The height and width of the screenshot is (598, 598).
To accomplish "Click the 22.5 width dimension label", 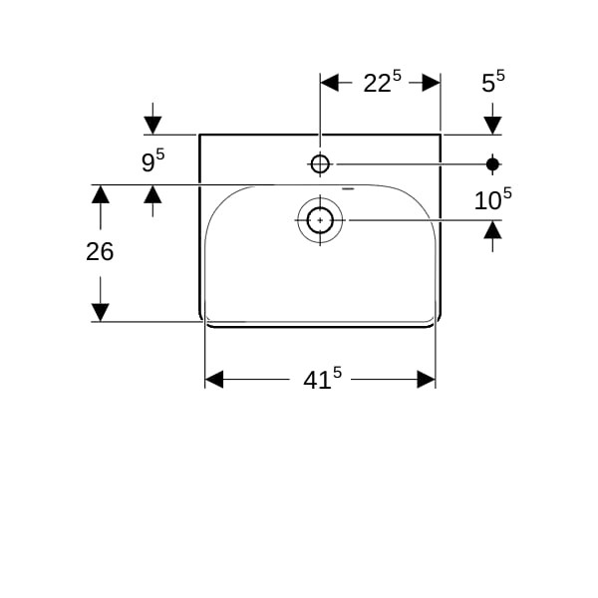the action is click(382, 82).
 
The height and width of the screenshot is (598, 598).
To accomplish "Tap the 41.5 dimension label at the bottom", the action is click(322, 379).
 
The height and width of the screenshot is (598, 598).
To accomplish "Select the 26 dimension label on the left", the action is click(100, 252).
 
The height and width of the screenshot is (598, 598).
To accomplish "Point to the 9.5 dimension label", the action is click(152, 160).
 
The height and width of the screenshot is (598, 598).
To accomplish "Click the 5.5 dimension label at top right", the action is click(493, 82).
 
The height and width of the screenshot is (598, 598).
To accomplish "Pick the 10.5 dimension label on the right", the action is click(492, 199).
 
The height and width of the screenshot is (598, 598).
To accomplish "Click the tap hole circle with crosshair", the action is click(320, 164).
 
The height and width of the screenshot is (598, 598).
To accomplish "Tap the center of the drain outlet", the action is click(320, 220).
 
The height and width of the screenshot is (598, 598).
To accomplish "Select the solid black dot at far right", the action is click(492, 164).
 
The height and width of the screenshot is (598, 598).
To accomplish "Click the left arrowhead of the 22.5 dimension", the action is click(330, 83).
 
